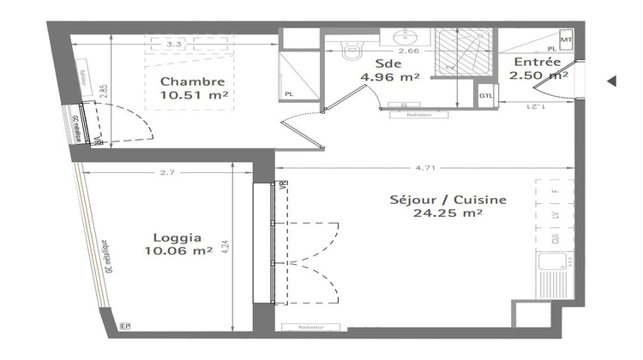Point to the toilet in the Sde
pos(351,52)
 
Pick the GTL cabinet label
pos(486,95)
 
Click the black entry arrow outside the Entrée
pos(611,81)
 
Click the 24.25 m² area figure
pos(447,214)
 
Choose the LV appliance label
pos(555,216)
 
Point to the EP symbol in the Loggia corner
pos(125,326)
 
